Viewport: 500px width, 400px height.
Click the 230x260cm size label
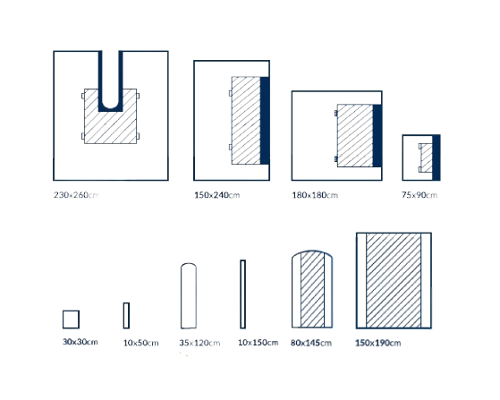76,194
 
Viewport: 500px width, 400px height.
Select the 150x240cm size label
216,195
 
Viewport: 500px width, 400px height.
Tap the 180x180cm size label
315,195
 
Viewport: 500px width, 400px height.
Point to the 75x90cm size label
419,195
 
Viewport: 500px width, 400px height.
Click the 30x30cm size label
80,342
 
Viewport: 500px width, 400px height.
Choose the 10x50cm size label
140,343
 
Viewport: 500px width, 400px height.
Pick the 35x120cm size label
199,343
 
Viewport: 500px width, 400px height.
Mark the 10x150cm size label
258,343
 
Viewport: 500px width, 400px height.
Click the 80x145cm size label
311,343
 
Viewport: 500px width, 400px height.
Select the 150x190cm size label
377,343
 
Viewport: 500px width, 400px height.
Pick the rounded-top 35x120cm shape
189,295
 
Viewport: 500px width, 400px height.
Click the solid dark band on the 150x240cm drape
265,121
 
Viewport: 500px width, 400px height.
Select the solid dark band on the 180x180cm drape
377,135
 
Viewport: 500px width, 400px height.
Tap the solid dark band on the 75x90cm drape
436,157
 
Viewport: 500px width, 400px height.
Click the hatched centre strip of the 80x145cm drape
312,289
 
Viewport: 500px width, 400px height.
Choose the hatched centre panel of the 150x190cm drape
394,280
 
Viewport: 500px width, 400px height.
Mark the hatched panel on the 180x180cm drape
355,135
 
